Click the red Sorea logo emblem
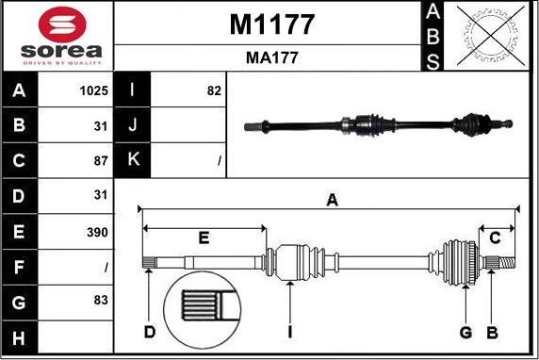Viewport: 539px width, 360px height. (62, 25)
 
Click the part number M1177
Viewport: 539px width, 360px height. (272, 25)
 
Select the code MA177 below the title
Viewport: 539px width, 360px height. (272, 57)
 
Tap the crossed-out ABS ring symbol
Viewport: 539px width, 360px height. (491, 36)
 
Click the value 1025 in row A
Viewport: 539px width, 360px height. (94, 90)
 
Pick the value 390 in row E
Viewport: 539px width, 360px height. (97, 233)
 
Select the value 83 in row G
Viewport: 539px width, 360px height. (101, 300)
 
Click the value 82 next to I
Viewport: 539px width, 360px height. (214, 90)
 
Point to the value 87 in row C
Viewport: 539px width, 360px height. (101, 161)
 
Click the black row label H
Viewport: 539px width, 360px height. (19, 337)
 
